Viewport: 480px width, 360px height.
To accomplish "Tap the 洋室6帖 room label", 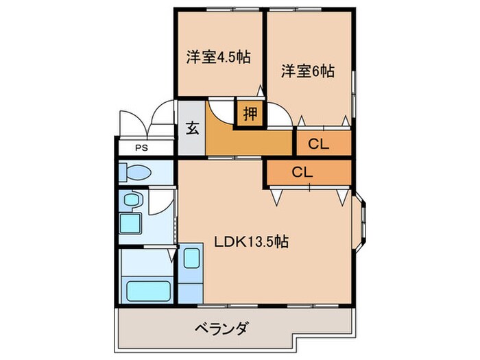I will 307,71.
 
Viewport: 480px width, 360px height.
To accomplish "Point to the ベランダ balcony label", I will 218,327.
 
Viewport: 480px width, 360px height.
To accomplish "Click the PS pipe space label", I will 141,147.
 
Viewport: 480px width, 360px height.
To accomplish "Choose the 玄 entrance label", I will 193,128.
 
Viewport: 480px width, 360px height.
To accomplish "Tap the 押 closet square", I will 251,114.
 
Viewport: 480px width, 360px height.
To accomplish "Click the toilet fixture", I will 132,172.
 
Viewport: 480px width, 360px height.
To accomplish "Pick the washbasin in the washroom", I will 132,200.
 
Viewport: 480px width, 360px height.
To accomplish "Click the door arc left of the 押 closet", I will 221,112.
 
